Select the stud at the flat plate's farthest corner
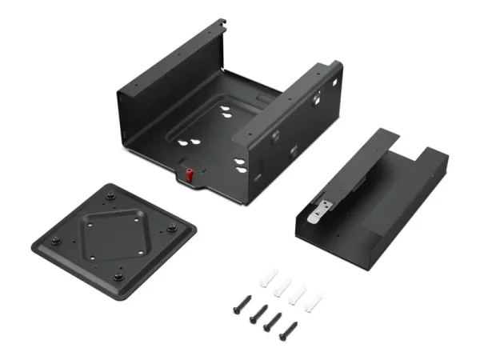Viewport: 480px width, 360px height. (109, 196)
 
